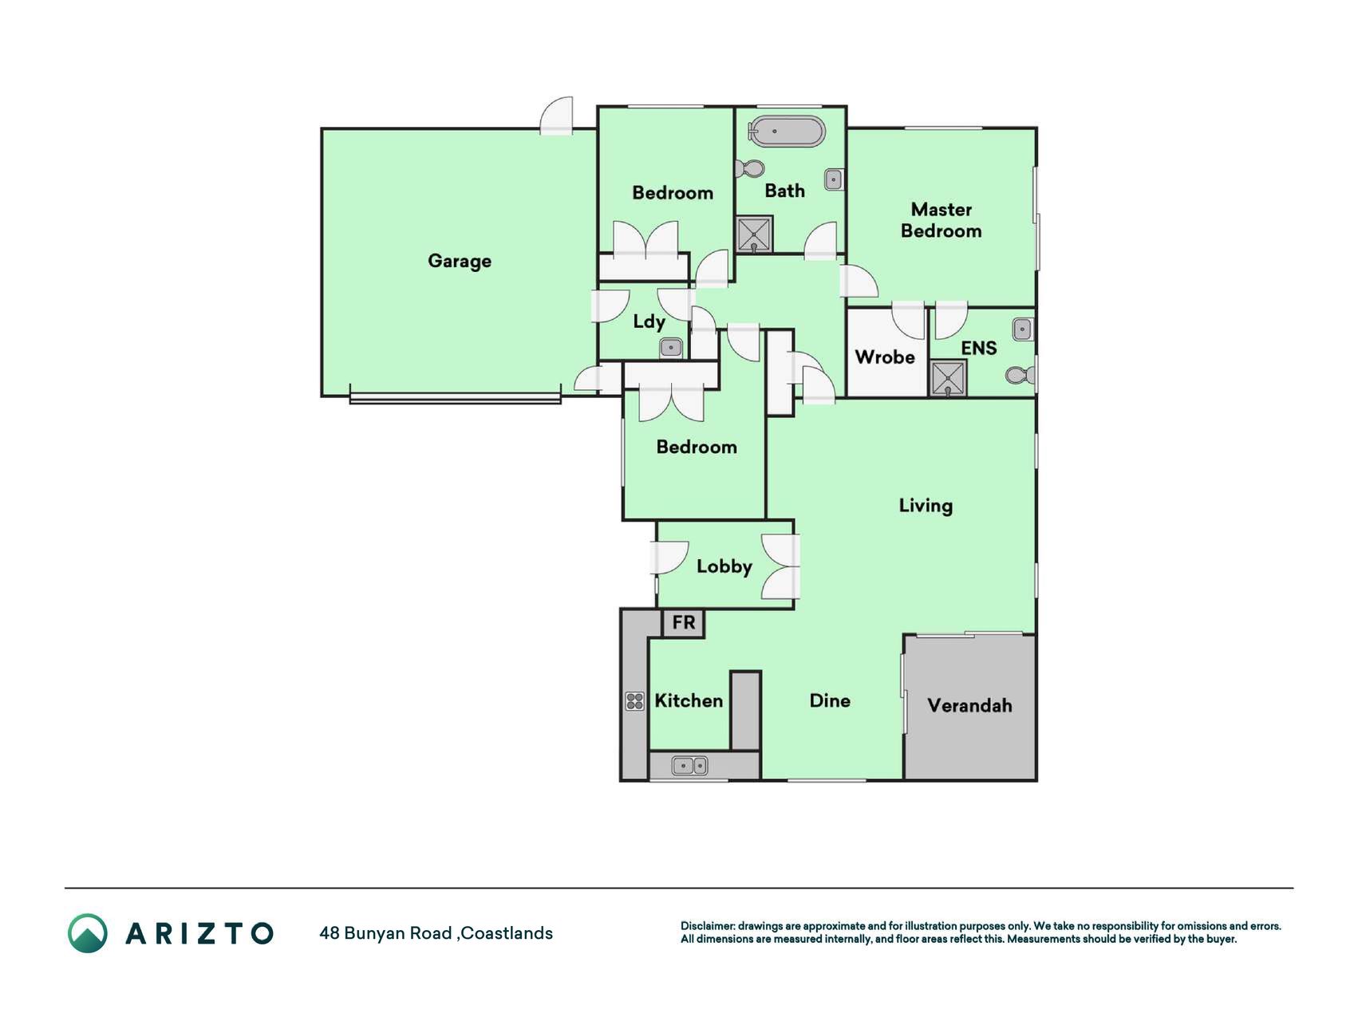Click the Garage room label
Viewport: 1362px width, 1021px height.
(460, 262)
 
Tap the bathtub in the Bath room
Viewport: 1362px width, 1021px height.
(786, 132)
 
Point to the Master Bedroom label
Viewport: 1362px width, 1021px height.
(941, 220)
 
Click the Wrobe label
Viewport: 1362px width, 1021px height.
(885, 357)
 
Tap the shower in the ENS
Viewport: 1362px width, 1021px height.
(949, 379)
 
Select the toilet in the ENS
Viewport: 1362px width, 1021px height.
(1021, 375)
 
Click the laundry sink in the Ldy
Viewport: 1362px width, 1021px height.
(671, 348)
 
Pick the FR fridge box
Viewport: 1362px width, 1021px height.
(684, 623)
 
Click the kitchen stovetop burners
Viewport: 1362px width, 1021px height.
(635, 701)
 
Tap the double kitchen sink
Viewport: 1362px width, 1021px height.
(690, 766)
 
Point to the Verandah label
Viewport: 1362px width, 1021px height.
(969, 706)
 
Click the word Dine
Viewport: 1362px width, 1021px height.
(830, 701)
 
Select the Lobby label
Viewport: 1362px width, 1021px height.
(724, 567)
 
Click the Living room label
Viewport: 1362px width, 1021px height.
(926, 506)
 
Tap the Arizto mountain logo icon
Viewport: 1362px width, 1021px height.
(88, 933)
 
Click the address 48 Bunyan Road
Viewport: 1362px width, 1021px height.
(385, 933)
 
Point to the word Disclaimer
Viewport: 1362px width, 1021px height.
(708, 926)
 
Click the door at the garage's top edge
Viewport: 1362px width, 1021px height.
(557, 116)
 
